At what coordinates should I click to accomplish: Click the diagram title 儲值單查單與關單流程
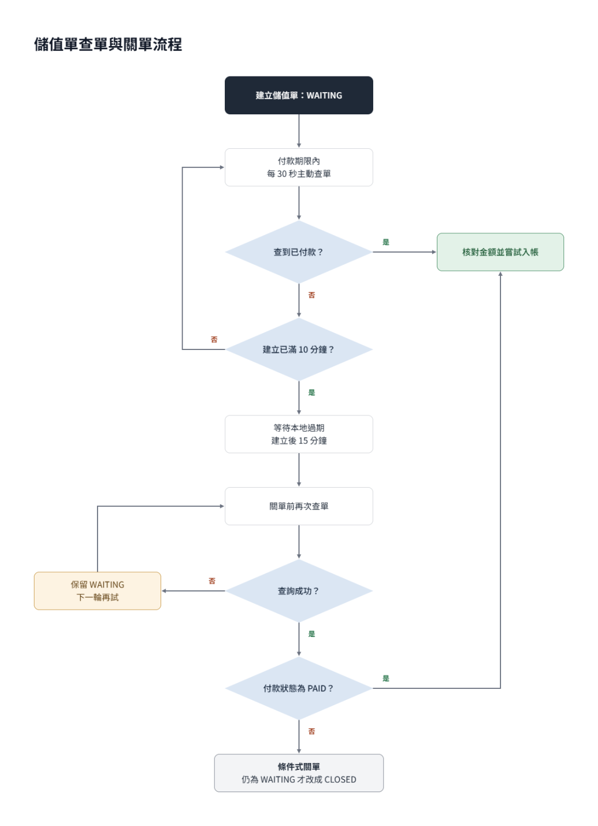pyautogui.click(x=108, y=44)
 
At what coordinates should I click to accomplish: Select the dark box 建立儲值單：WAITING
pyautogui.click(x=298, y=95)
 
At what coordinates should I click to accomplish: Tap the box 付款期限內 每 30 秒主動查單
pyautogui.click(x=298, y=167)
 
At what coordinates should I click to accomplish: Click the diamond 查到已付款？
pyautogui.click(x=298, y=252)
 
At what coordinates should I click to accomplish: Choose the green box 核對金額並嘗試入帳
pyautogui.click(x=500, y=252)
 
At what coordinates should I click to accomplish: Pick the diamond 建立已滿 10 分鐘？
pyautogui.click(x=298, y=349)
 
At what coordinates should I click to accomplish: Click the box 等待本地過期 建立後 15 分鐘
pyautogui.click(x=298, y=434)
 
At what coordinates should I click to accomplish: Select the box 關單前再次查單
pyautogui.click(x=298, y=506)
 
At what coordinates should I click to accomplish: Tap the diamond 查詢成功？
pyautogui.click(x=298, y=591)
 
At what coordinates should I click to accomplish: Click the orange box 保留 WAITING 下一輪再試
pyautogui.click(x=98, y=591)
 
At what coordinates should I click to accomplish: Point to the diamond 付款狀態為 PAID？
pyautogui.click(x=298, y=688)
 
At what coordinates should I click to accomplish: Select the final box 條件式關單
pyautogui.click(x=298, y=773)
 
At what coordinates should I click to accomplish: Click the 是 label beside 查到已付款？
pyautogui.click(x=386, y=242)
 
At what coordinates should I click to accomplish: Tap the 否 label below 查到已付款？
pyautogui.click(x=311, y=295)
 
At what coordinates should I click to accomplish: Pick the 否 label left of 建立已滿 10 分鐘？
pyautogui.click(x=214, y=339)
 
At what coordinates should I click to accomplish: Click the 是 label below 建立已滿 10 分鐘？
pyautogui.click(x=311, y=393)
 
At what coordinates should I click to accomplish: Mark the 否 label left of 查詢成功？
pyautogui.click(x=212, y=581)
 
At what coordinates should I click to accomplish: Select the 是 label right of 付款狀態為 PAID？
pyautogui.click(x=386, y=678)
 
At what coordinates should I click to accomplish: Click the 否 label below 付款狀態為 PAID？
pyautogui.click(x=311, y=731)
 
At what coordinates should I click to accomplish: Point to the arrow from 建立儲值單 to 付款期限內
pyautogui.click(x=298, y=131)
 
